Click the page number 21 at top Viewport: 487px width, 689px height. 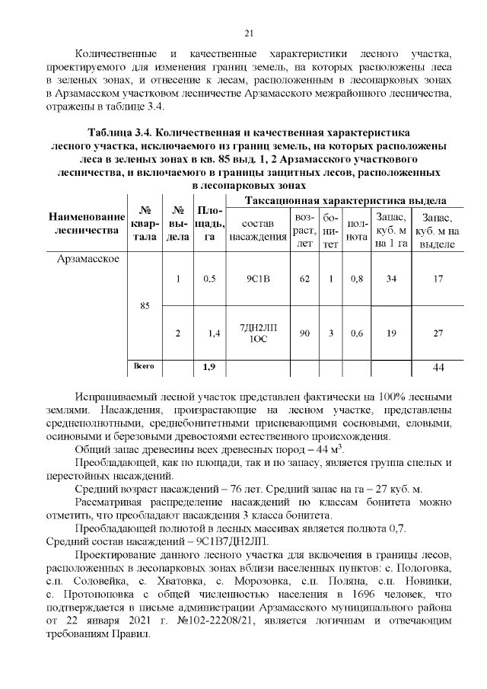click(x=248, y=33)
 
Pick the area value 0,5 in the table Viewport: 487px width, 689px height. click(x=210, y=279)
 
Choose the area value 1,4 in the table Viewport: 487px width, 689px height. click(x=213, y=333)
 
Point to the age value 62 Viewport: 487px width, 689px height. click(x=304, y=279)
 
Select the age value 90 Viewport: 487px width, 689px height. click(x=304, y=333)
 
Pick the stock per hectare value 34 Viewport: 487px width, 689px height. click(x=391, y=279)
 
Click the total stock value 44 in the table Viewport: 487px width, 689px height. click(x=438, y=368)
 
